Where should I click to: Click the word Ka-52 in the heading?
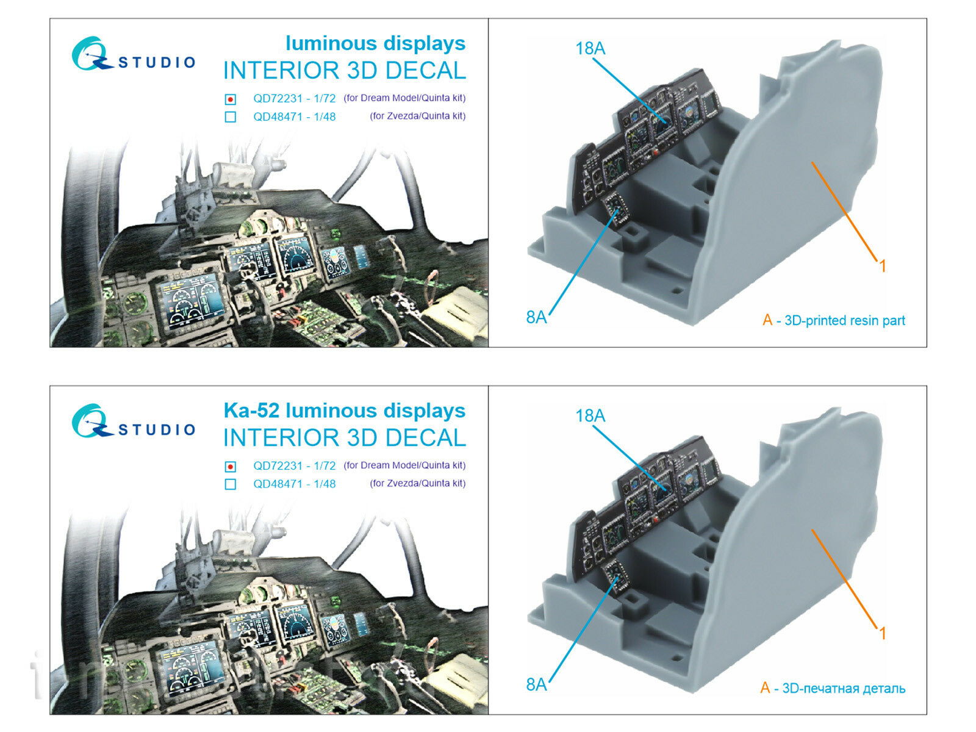point(251,411)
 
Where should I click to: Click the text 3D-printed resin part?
point(844,321)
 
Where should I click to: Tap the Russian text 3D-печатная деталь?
point(843,689)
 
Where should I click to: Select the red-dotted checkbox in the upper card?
point(230,99)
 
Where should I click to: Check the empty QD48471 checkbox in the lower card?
point(230,484)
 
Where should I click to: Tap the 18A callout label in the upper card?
point(590,48)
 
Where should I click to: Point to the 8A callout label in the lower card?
point(536,685)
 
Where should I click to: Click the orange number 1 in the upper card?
point(882,266)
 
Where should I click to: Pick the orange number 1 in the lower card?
point(882,633)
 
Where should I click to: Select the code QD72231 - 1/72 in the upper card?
point(294,99)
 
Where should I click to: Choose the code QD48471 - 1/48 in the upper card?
point(294,117)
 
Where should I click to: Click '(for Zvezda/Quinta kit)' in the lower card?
point(417,483)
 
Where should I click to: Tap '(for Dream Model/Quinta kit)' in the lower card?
point(404,465)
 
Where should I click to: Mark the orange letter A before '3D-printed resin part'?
point(767,320)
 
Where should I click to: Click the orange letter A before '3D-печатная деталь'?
point(765,688)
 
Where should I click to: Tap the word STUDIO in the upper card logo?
point(157,62)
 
